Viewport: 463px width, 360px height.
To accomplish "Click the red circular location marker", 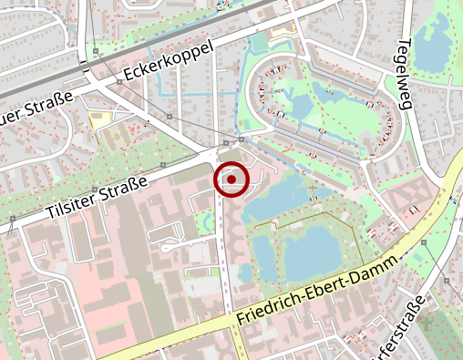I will click(x=232, y=180).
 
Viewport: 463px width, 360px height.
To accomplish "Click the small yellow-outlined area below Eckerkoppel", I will click(x=99, y=118).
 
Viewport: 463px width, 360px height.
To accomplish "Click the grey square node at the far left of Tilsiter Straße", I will click(x=12, y=219).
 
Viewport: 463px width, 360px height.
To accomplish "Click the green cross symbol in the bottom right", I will click(x=427, y=322).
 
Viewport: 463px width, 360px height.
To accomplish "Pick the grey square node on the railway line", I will click(x=95, y=51).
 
